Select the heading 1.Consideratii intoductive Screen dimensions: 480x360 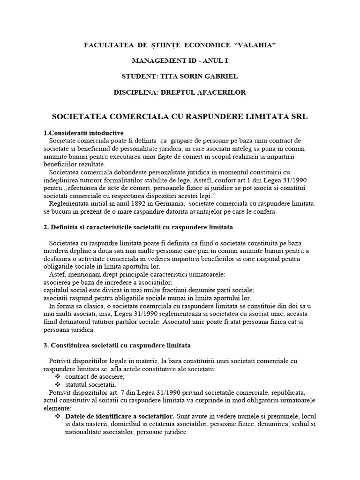(83, 133)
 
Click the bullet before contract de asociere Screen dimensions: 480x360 (58, 377)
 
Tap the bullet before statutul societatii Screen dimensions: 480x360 (58, 385)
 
